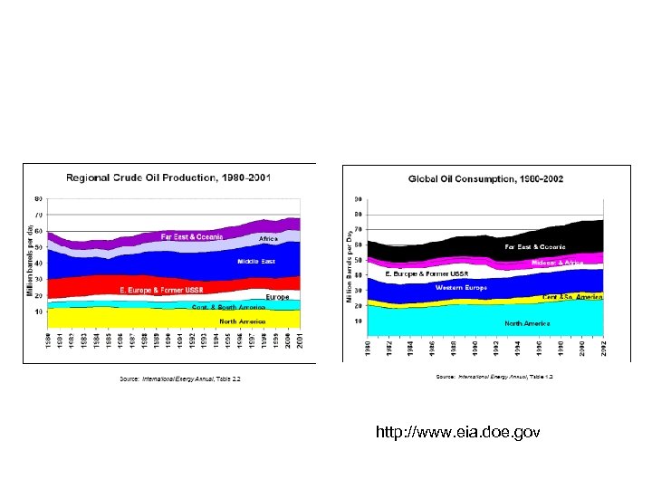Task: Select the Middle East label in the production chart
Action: pos(256,261)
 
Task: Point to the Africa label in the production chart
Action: pos(268,238)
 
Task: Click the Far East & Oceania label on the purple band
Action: pos(192,236)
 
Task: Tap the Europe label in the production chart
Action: pos(277,297)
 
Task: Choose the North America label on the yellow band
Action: pos(243,321)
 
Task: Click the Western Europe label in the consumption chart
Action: pos(461,287)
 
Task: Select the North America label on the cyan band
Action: pos(526,323)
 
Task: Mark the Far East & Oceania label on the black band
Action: pos(535,246)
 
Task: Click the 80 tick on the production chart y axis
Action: pos(38,197)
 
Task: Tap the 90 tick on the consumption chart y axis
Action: pos(359,199)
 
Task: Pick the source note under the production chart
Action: pos(180,378)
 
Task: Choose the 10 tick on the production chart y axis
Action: pos(38,311)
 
